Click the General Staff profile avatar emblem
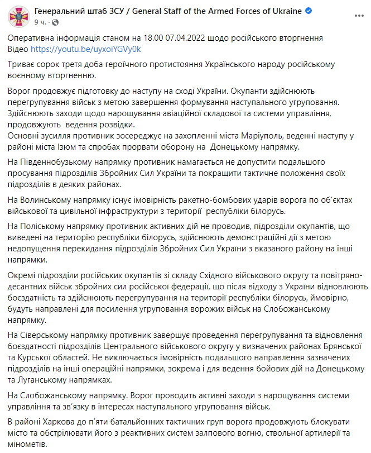[20, 17]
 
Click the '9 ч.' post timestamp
[41, 22]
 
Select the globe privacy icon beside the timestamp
[54, 23]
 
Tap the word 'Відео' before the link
[19, 49]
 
